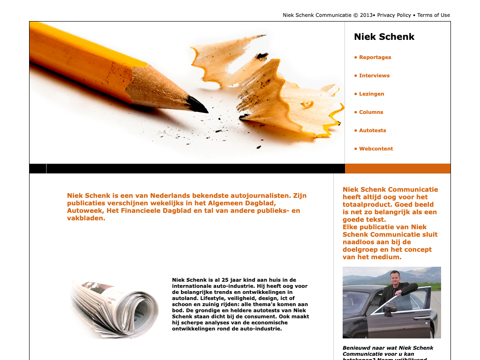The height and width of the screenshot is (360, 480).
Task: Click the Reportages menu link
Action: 375,57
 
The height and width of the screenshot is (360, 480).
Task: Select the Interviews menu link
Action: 374,75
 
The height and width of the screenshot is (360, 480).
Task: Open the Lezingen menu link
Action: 371,94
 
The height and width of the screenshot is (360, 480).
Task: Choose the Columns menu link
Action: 371,112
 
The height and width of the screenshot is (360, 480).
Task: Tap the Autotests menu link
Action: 372,130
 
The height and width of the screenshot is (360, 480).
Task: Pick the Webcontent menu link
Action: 376,149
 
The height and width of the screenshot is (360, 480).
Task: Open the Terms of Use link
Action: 433,15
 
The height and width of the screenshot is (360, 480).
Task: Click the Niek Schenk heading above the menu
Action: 384,37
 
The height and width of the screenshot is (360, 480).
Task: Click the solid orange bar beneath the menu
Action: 397,169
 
